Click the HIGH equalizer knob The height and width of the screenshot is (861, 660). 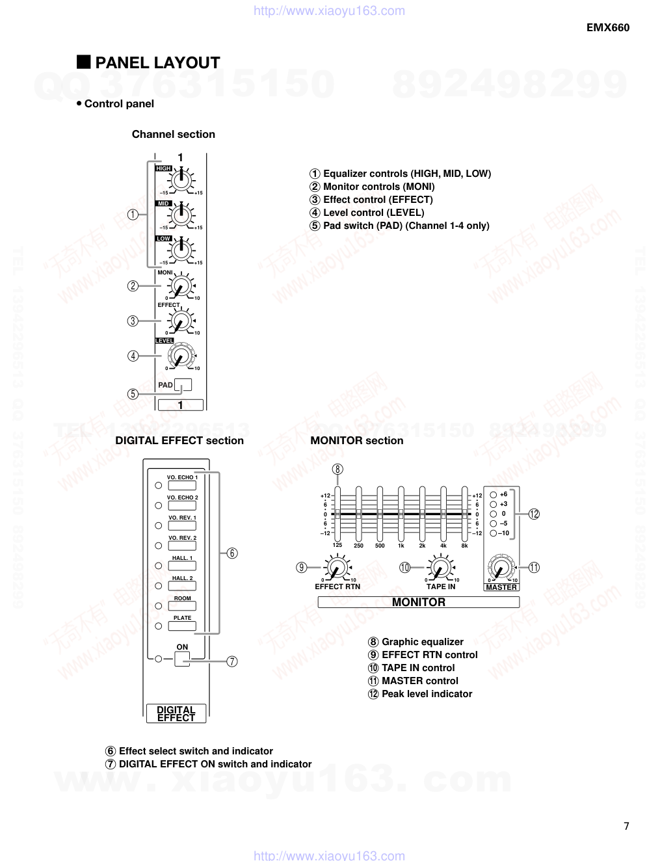(181, 179)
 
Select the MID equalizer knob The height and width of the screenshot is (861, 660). (181, 215)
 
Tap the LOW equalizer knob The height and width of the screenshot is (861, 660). (181, 250)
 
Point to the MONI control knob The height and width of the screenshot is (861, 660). (180, 285)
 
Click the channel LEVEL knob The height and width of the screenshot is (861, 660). (180, 356)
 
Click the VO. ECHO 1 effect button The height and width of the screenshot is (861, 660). (182, 485)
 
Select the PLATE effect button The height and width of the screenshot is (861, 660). (182, 626)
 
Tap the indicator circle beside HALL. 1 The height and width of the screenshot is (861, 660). (158, 566)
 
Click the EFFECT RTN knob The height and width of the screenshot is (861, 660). (337, 568)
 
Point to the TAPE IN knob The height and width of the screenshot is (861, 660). (441, 569)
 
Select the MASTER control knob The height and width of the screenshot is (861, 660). (501, 568)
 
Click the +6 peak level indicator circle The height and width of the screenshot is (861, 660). (493, 495)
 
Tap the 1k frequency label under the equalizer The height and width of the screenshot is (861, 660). (401, 546)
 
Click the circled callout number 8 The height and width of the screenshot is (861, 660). (337, 470)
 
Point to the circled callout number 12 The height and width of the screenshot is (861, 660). (534, 514)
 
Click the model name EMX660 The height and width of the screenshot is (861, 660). (608, 27)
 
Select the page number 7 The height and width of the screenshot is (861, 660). (626, 826)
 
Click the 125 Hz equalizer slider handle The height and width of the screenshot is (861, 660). (337, 514)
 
